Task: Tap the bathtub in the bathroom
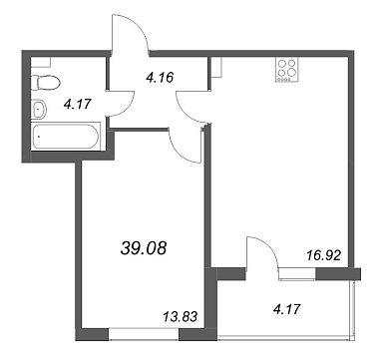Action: pos(66,137)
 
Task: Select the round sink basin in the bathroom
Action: pos(40,109)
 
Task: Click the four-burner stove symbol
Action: pos(286,70)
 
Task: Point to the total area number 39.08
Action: pos(144,248)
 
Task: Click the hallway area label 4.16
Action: pos(160,78)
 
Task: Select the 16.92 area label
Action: pos(324,255)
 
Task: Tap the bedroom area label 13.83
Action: pos(181,316)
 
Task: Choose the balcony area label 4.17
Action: pos(287,309)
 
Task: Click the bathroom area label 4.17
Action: pos(77,105)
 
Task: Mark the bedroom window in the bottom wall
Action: pos(144,334)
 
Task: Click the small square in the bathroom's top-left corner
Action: pos(41,62)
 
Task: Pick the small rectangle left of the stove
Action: pos(216,68)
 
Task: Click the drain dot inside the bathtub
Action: pos(40,137)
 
